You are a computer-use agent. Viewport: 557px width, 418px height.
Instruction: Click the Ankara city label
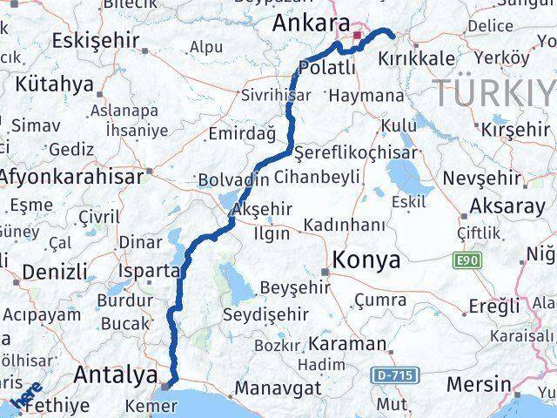[x=311, y=24]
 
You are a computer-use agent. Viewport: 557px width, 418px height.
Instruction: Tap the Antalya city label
[x=117, y=374]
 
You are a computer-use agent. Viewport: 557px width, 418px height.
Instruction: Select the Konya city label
[x=366, y=259]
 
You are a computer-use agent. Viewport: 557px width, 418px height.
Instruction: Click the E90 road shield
[x=465, y=260]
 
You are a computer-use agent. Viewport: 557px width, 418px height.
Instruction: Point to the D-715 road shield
[x=395, y=375]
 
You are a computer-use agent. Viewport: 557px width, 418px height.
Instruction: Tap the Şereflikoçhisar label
[x=355, y=152]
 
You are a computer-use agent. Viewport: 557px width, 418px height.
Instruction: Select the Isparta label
[x=151, y=271]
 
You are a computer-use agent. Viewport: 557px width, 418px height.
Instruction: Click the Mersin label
[x=478, y=383]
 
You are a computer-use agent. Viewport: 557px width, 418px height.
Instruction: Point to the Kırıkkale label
[x=417, y=58]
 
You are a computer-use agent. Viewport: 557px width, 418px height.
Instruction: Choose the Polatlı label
[x=326, y=67]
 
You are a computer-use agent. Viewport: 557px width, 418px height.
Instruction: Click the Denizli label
[x=54, y=273]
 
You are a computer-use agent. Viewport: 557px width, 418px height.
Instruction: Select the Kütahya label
[x=53, y=84]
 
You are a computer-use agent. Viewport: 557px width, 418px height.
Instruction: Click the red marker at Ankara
[x=357, y=36]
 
